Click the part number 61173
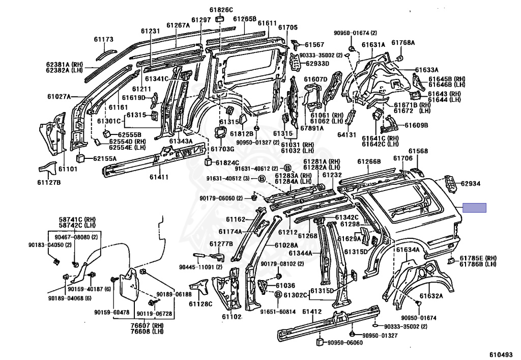click(103, 39)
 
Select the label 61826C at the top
click(221, 10)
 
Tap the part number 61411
click(159, 177)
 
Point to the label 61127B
click(48, 182)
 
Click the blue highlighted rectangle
click(475, 208)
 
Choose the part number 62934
click(470, 183)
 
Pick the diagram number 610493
click(501, 355)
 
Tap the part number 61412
click(312, 312)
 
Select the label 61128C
click(200, 304)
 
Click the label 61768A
click(403, 43)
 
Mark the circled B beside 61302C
click(278, 294)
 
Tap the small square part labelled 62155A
click(81, 157)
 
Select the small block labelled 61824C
click(208, 162)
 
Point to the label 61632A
click(431, 296)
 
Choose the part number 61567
click(314, 44)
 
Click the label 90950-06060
click(345, 342)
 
